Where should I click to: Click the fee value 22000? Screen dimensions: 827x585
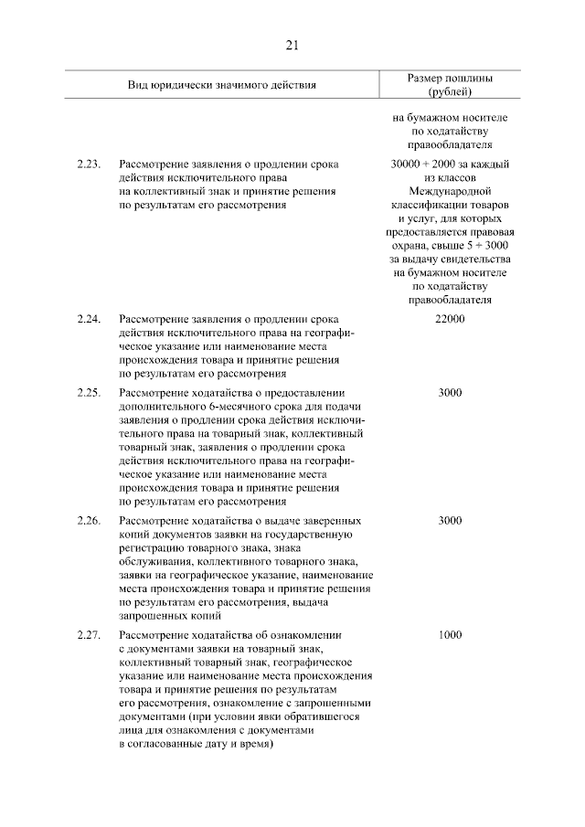pyautogui.click(x=450, y=319)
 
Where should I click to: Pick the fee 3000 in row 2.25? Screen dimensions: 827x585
pyautogui.click(x=450, y=393)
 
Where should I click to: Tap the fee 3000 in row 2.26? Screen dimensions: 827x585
pyautogui.click(x=450, y=520)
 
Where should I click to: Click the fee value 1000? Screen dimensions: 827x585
pyautogui.click(x=450, y=634)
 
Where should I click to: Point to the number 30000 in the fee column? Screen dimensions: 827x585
pyautogui.click(x=405, y=164)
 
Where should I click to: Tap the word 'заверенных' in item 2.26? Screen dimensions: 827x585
pyautogui.click(x=307, y=520)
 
